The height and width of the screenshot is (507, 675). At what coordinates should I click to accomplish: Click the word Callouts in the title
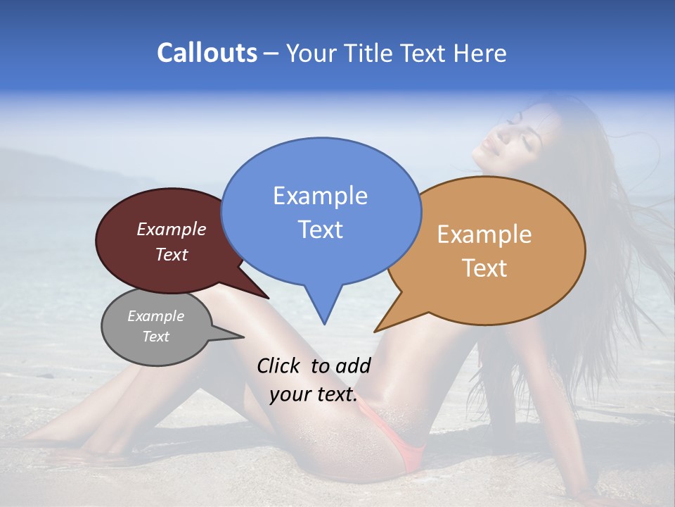207,53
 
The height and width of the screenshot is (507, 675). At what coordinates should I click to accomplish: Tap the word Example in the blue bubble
320,196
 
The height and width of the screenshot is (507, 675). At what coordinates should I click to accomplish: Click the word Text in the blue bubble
320,229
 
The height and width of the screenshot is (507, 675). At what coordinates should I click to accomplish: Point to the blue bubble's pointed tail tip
324,324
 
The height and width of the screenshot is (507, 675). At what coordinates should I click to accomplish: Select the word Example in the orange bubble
484,234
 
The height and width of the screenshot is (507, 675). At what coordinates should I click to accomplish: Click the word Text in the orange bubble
484,268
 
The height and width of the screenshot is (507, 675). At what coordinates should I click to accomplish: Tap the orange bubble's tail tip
375,331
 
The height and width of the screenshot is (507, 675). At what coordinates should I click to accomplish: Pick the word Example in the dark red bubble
172,229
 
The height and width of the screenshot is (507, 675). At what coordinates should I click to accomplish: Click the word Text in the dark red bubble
172,254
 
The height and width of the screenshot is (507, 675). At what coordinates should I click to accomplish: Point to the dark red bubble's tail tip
269,299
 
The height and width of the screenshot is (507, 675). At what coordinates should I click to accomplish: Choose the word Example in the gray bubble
155,316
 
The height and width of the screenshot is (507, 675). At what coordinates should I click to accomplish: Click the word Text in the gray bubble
155,337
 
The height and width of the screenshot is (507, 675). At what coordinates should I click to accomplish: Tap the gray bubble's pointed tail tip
244,337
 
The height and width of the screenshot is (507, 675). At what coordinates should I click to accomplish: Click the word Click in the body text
279,365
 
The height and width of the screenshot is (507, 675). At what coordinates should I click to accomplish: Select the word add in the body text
353,365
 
